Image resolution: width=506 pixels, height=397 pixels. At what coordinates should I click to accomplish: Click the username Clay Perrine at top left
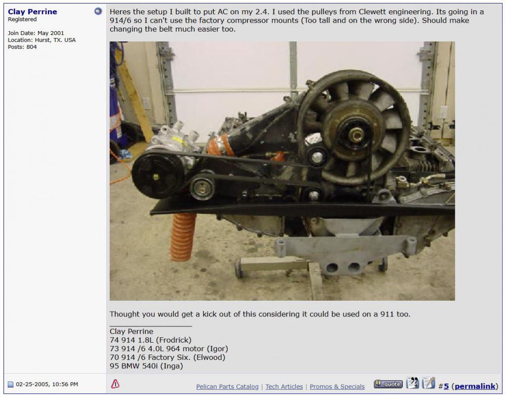point(32,12)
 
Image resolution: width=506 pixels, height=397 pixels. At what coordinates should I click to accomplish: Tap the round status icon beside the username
point(98,11)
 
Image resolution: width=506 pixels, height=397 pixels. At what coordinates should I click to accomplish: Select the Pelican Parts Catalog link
point(227,386)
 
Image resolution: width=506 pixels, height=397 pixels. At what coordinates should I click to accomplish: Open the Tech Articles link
point(284,386)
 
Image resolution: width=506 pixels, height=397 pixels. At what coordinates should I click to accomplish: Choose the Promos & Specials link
point(337,386)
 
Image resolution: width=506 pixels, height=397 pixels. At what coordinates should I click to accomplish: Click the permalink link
point(475,386)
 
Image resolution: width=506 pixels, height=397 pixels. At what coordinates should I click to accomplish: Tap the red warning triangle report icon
point(115,384)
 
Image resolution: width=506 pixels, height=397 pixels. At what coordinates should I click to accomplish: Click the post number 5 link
point(446,386)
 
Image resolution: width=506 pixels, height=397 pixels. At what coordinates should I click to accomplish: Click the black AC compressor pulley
point(157,175)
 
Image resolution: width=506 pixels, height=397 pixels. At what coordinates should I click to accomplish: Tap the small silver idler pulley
point(202,188)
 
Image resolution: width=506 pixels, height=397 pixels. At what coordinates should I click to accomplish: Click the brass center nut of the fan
point(356,135)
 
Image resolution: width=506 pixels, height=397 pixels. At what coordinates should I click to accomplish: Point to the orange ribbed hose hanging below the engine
point(183,237)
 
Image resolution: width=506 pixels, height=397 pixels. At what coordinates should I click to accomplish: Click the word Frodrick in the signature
point(174,340)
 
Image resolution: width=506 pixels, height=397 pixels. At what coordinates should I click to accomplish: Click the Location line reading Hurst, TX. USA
point(41,40)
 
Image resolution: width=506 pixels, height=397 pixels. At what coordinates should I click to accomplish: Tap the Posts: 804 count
point(22,47)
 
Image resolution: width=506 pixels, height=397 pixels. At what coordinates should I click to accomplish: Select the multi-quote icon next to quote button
point(412,383)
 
